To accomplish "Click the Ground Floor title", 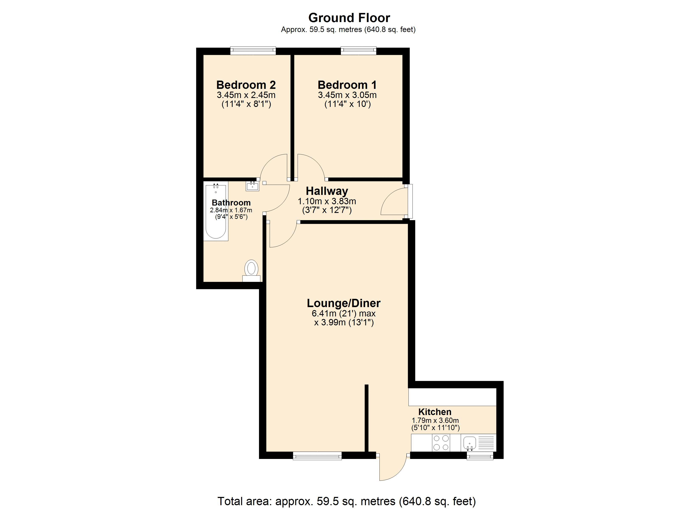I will point(349,18).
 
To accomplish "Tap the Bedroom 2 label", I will point(246,85).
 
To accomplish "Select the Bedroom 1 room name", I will point(347,85).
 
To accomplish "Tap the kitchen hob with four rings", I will point(441,442).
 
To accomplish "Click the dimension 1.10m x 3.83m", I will point(327,201).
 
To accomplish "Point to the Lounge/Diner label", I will point(343,303).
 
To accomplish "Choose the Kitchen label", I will point(435,412).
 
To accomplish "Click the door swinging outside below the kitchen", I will point(392,468).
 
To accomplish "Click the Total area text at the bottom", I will point(347,501).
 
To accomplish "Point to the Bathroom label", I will point(231,203).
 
